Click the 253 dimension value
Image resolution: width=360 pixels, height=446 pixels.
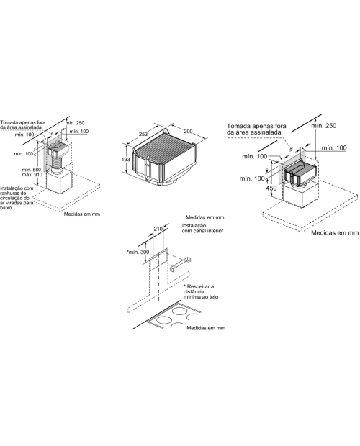(143, 134)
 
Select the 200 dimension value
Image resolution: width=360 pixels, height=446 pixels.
(188, 132)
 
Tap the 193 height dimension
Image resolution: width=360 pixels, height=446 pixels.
(125, 159)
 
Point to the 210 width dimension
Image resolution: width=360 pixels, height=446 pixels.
(158, 229)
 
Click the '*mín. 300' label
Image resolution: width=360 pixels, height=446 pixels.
(138, 252)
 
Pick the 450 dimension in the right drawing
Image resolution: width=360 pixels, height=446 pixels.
(271, 188)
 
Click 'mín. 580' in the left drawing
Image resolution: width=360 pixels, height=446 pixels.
(32, 170)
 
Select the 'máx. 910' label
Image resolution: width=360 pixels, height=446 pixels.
(32, 174)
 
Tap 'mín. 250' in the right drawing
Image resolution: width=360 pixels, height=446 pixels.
(323, 125)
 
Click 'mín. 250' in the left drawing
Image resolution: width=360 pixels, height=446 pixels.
(75, 123)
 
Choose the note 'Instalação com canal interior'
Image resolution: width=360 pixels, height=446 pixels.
(202, 228)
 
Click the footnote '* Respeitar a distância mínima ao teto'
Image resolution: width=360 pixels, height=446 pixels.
(201, 291)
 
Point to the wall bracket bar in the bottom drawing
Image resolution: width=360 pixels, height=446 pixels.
(180, 263)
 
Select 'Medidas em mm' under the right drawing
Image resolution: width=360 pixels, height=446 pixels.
(335, 232)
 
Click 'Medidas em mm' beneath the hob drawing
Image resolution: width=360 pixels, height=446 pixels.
(206, 328)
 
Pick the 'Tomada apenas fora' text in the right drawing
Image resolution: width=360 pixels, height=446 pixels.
(256, 126)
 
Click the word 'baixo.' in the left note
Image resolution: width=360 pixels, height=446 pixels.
(6, 208)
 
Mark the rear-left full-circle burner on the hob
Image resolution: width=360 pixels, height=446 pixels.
(179, 311)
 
